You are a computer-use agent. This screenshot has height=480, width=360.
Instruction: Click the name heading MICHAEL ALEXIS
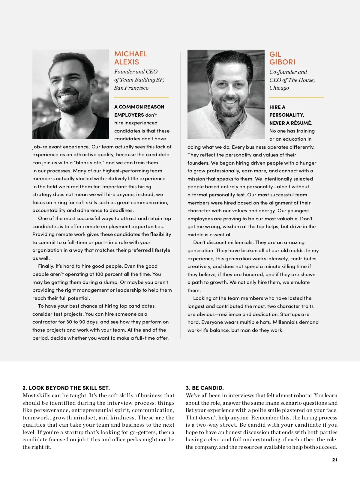click(131, 58)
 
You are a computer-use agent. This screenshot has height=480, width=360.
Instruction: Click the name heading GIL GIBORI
click(282, 58)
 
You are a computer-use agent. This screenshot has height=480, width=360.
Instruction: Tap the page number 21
click(335, 460)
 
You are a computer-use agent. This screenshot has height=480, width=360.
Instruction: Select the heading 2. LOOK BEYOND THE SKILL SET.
click(66, 388)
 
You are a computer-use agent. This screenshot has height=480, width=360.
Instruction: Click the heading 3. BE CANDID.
click(205, 388)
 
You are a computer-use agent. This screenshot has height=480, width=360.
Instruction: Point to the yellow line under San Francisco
click(141, 97)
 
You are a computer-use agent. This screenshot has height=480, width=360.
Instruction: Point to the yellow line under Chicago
click(296, 97)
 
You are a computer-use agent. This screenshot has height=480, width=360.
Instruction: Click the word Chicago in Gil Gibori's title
click(279, 88)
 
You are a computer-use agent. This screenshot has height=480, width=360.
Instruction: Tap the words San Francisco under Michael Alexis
click(131, 88)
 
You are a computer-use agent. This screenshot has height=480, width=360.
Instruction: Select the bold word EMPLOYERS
click(129, 115)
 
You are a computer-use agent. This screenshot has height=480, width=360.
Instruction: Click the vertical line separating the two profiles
click(181, 195)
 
